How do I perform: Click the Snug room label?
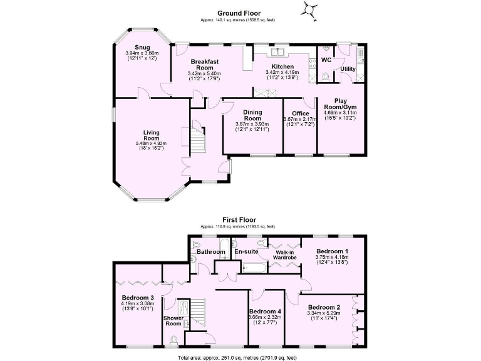(x=142, y=47)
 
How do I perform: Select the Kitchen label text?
(x=282, y=66)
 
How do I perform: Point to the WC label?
(x=326, y=60)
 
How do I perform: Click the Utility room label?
(x=348, y=69)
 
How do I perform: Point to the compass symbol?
(x=308, y=9)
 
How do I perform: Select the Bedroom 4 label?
(x=264, y=311)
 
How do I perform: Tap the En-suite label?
(x=246, y=252)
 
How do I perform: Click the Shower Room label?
(x=173, y=321)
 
